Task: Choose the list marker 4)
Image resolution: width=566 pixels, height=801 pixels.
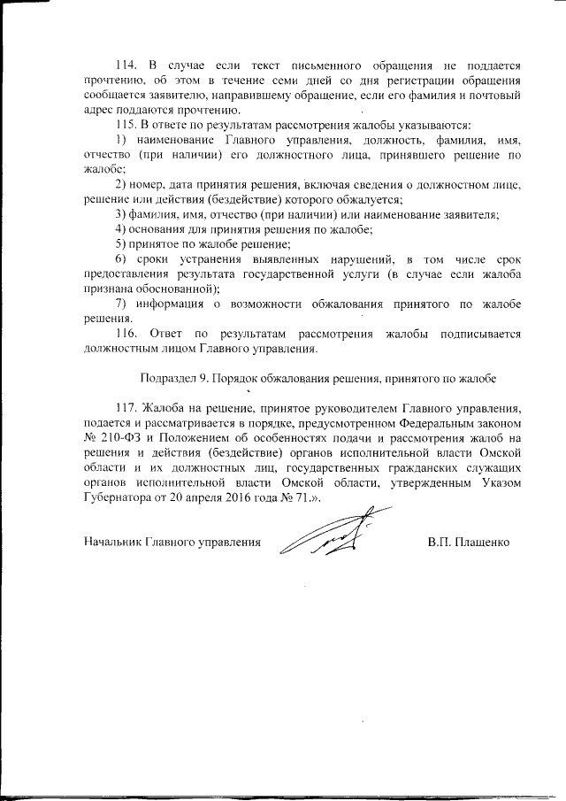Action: [122, 228]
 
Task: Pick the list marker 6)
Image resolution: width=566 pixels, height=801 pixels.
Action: [122, 258]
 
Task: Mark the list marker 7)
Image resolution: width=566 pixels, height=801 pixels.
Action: [122, 304]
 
